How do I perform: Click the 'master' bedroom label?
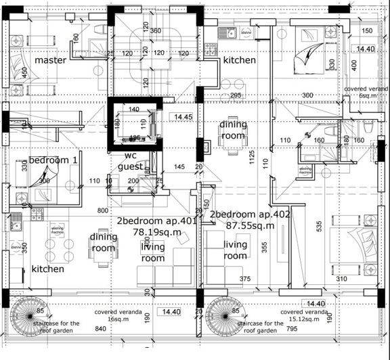point(51,60)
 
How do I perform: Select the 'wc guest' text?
point(130,160)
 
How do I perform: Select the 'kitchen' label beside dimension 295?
point(240,60)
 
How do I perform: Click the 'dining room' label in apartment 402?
point(233,130)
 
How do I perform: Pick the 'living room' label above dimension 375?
point(235,250)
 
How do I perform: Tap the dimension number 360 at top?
point(155,31)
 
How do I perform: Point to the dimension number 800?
point(103,210)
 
